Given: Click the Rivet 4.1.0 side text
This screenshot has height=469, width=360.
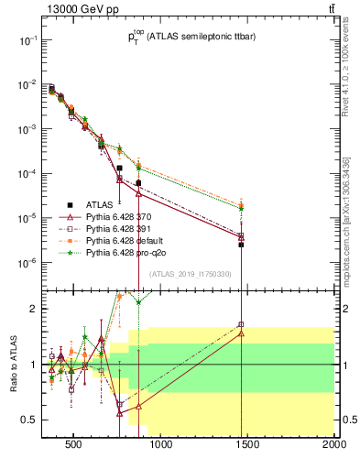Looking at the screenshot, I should pyautogui.click(x=346, y=69).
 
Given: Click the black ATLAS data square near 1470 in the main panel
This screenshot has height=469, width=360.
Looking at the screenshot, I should pyautogui.click(x=241, y=245).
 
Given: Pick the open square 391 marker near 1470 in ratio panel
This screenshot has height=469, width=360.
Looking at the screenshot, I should pyautogui.click(x=241, y=324).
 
